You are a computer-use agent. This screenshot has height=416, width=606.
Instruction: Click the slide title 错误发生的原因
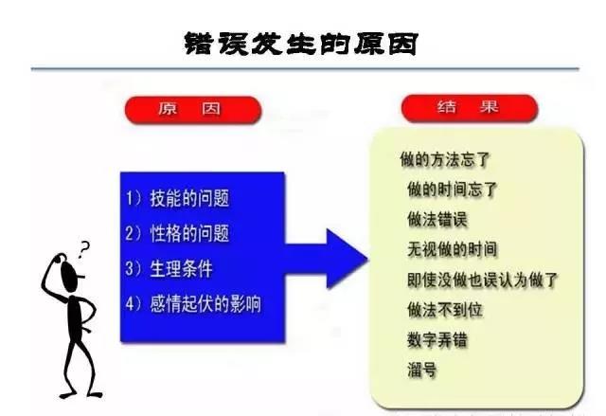[301, 44]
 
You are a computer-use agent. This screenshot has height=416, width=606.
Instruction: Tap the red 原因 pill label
[193, 110]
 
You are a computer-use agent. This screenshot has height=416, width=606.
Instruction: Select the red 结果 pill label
[470, 108]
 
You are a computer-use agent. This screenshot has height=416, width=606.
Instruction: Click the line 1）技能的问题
[177, 198]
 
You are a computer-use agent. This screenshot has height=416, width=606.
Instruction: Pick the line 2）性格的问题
[177, 233]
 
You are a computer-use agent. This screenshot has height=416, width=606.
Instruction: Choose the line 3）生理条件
[169, 268]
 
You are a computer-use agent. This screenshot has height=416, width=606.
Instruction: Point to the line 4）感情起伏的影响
[193, 303]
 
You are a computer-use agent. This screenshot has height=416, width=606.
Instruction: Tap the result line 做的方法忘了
[445, 159]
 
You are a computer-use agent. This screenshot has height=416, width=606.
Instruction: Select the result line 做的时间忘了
[453, 190]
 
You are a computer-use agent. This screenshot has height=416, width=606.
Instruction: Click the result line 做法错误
[437, 219]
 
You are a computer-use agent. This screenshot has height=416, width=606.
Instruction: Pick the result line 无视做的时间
[453, 249]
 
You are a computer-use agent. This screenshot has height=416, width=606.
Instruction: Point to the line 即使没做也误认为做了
[483, 280]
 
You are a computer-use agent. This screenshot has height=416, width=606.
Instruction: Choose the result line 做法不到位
[445, 310]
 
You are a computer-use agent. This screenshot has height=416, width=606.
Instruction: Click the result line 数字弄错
[437, 340]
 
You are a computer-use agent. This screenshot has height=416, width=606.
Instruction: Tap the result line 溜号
[422, 370]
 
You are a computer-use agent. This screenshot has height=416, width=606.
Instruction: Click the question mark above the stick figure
[83, 250]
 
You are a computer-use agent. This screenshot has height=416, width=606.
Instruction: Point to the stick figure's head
[70, 276]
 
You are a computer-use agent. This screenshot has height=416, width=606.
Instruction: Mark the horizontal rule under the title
[305, 69]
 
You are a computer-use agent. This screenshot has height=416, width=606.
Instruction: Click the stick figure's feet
[80, 395]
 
